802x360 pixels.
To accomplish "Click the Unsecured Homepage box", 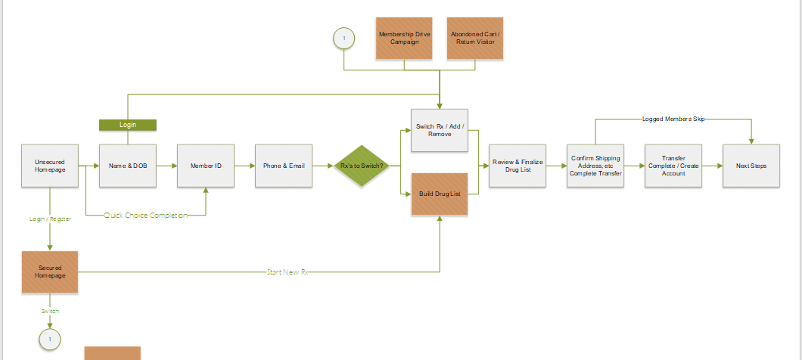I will tap(50, 165).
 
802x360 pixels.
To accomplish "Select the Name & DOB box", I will tap(128, 165).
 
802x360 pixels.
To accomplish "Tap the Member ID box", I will tap(206, 165).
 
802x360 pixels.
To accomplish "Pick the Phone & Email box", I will tap(284, 165).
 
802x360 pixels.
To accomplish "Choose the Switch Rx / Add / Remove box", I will tap(439, 129).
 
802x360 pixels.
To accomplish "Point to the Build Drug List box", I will tap(439, 194).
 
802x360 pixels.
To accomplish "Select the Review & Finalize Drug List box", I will tap(518, 165).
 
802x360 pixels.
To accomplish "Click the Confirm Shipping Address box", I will tap(595, 165).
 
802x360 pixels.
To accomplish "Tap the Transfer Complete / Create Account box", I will tap(673, 165).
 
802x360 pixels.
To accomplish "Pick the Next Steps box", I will tap(751, 165).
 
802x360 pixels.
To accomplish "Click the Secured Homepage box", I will tap(50, 272).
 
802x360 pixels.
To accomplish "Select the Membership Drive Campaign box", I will tap(404, 38).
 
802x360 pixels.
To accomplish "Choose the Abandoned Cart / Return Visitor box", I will tap(474, 38).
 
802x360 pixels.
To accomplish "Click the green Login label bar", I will tap(128, 125).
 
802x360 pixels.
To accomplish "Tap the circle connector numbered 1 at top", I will tap(344, 38).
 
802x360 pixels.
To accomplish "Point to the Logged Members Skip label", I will tap(673, 119).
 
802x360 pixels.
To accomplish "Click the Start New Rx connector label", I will tap(287, 272).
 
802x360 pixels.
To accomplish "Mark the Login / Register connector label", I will tap(50, 219).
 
